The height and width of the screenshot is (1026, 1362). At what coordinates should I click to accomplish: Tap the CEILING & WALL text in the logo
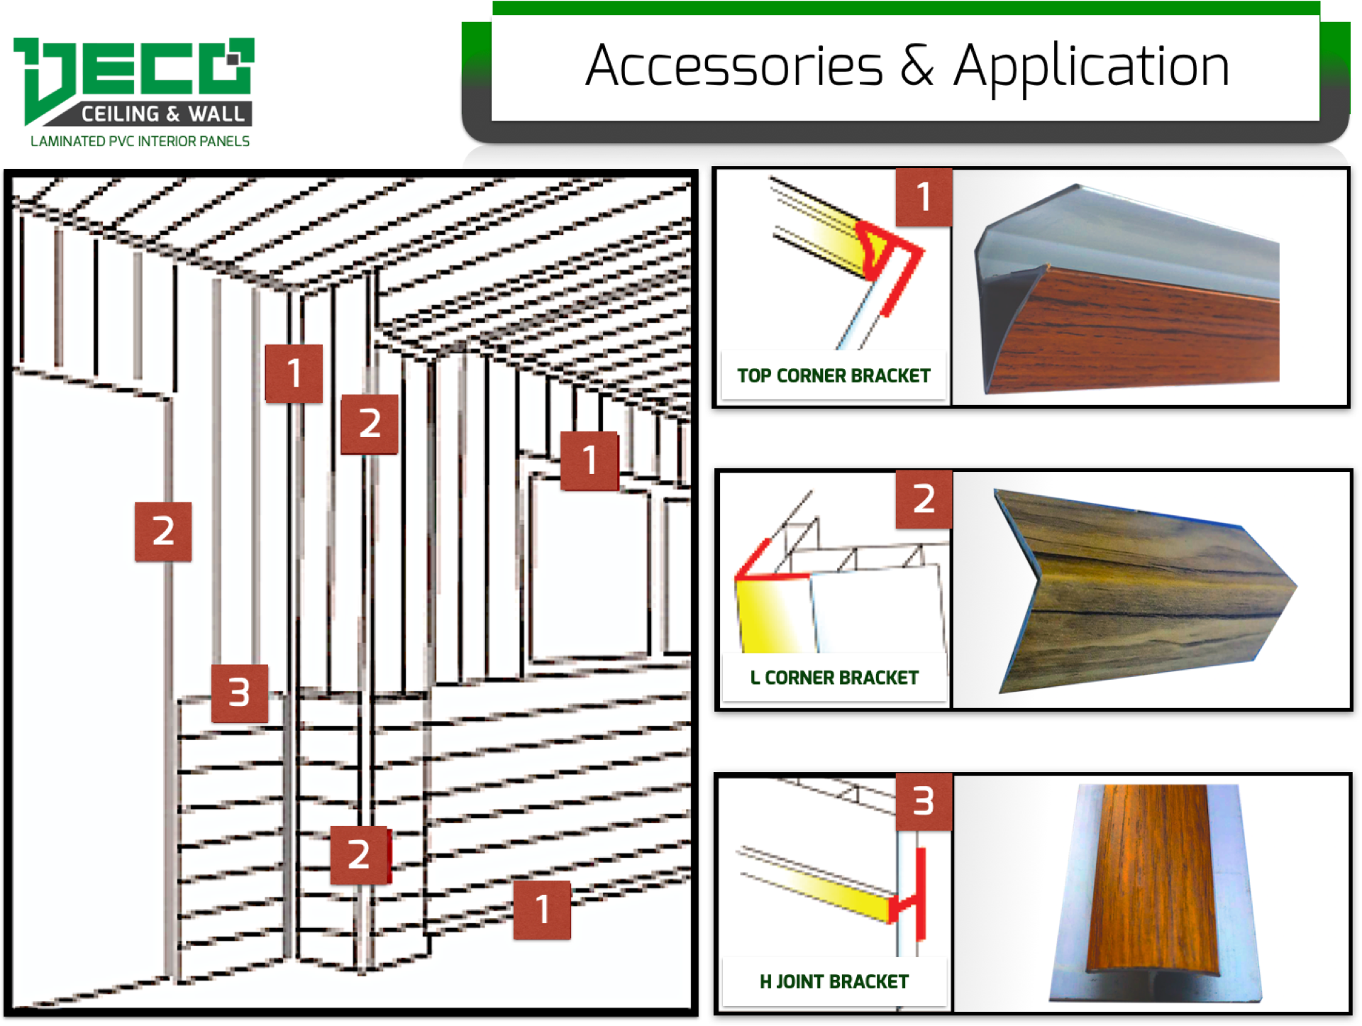tap(162, 114)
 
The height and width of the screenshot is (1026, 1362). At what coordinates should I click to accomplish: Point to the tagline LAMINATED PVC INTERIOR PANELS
tap(140, 141)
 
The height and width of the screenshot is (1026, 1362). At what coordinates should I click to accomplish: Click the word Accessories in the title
tap(734, 66)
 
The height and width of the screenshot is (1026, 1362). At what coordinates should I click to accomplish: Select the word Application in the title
tap(1091, 68)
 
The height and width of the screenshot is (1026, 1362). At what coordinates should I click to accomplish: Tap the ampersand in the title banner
tap(917, 65)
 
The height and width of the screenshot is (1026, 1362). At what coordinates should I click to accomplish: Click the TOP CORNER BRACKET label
tap(834, 375)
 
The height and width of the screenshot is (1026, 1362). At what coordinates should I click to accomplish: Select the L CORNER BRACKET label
tap(834, 678)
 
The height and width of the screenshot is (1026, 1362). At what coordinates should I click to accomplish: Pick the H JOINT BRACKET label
tap(834, 981)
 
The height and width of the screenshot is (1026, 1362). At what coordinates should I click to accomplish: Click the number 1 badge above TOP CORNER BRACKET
tap(924, 197)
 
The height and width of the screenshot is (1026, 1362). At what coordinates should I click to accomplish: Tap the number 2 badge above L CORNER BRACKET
tap(924, 499)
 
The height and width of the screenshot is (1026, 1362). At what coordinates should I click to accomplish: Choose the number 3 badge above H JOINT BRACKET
tap(924, 802)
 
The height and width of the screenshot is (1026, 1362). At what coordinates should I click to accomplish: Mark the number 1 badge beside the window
tap(589, 460)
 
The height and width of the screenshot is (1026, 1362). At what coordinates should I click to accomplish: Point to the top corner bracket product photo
tap(1128, 289)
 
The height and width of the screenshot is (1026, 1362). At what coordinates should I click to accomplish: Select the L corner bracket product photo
tap(1146, 590)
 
